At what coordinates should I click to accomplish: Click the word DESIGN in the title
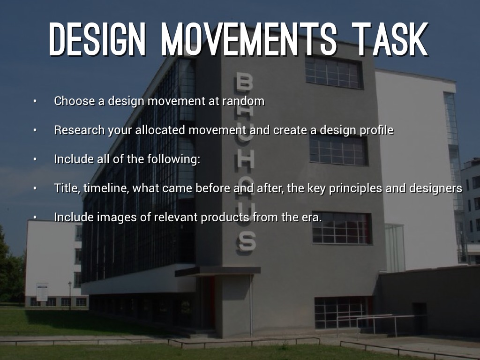click(x=97, y=39)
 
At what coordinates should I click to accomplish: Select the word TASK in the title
click(x=390, y=39)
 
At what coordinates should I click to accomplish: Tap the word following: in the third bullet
click(x=173, y=159)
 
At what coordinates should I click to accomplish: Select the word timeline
click(x=106, y=188)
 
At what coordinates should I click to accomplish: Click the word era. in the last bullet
click(x=313, y=217)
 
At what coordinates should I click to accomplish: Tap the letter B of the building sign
click(x=245, y=82)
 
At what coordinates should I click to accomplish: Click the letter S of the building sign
click(x=247, y=241)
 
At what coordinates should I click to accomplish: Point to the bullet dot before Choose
click(x=35, y=101)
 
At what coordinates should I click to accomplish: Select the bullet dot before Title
click(x=35, y=188)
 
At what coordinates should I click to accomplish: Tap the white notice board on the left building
click(x=42, y=292)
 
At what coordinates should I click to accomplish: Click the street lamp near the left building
click(x=70, y=294)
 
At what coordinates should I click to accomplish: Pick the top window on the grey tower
click(x=334, y=73)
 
